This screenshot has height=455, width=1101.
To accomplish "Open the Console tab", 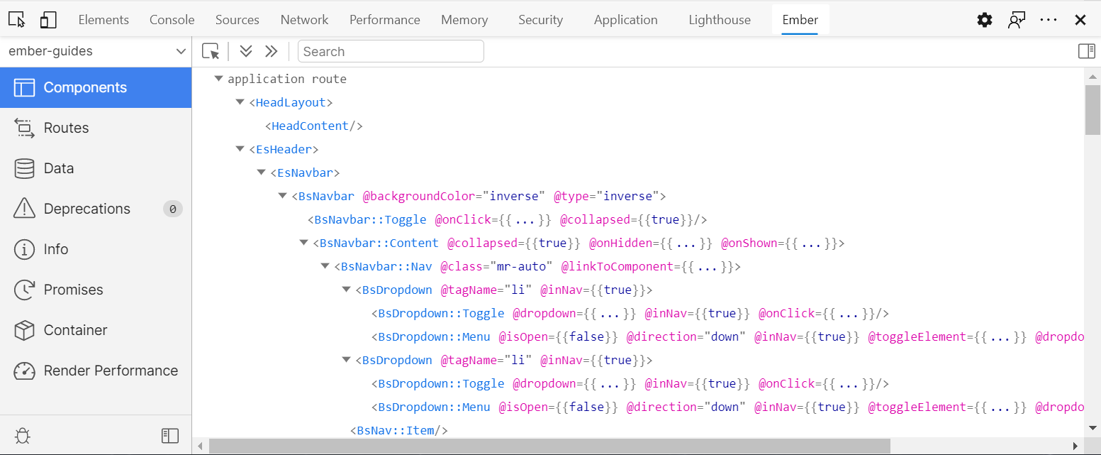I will [172, 20].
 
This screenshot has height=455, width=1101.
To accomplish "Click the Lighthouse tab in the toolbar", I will [719, 20].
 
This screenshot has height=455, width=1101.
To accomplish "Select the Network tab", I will [304, 20].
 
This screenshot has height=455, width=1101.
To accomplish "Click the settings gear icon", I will [985, 20].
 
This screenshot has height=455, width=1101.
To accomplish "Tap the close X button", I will [1080, 20].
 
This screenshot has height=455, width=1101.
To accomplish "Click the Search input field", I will [391, 51].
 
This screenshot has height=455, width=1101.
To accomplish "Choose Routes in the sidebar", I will [66, 128].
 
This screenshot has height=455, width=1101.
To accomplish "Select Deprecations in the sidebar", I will [86, 209].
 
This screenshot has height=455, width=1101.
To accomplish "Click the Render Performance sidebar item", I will [111, 371].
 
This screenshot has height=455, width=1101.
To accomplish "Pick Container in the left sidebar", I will [75, 330].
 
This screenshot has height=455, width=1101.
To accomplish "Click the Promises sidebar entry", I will [73, 290].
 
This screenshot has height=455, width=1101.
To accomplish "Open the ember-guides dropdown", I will [96, 51].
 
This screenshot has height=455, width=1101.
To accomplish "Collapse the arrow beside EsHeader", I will [240, 149].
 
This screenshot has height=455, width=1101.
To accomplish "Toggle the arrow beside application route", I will [219, 79].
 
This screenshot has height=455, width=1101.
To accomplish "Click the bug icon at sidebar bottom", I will [23, 436].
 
